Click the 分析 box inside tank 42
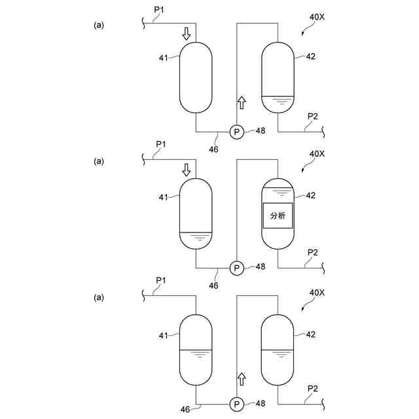[278, 215]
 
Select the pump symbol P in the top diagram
[236, 132]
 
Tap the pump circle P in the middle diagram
[236, 267]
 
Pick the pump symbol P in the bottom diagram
[236, 403]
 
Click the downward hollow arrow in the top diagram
[187, 33]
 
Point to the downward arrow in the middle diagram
[187, 170]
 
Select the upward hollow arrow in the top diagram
[242, 103]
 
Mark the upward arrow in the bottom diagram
[242, 378]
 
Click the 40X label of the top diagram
[317, 18]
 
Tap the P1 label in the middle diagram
[162, 144]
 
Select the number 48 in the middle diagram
[261, 266]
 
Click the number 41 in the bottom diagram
[164, 335]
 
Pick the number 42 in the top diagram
[310, 56]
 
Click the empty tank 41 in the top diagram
[196, 77]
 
